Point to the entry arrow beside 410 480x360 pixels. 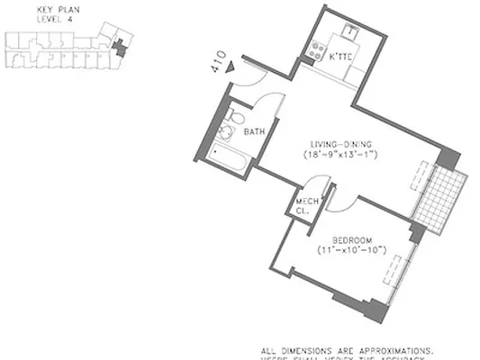231,66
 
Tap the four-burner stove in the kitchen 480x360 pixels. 315,50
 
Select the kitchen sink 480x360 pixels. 349,33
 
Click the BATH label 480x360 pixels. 255,132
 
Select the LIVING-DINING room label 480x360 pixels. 341,144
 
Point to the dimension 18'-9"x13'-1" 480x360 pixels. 341,155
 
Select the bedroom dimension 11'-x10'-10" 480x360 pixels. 351,249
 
